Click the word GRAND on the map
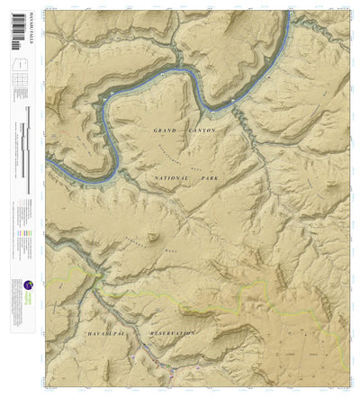(x=166, y=131)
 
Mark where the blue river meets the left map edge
(x=48, y=165)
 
